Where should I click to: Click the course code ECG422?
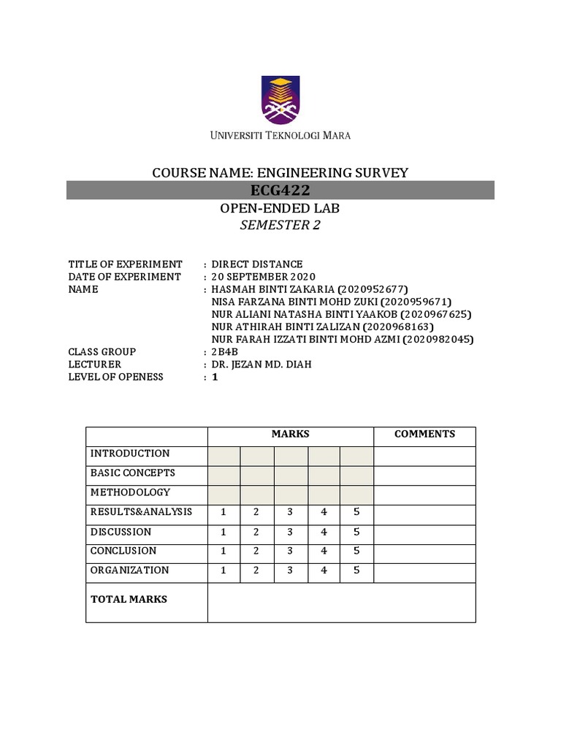pyautogui.click(x=280, y=191)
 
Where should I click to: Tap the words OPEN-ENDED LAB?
pyautogui.click(x=280, y=209)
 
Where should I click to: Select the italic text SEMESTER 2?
pyautogui.click(x=280, y=226)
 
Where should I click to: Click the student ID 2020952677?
pyautogui.click(x=373, y=289)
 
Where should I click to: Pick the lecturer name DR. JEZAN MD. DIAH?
pyautogui.click(x=262, y=365)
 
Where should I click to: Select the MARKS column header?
pyautogui.click(x=291, y=434)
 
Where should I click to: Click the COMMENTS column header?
pyautogui.click(x=424, y=434)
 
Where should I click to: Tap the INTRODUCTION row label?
pyautogui.click(x=130, y=454)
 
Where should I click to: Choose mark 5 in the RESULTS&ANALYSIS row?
pyautogui.click(x=356, y=512)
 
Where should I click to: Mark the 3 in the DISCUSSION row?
pyautogui.click(x=290, y=532)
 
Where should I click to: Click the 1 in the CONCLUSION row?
pyautogui.click(x=224, y=551)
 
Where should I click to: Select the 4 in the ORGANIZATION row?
pyautogui.click(x=324, y=570)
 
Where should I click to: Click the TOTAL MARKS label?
pyautogui.click(x=129, y=599)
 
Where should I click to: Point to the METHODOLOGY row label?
pyautogui.click(x=130, y=492)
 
